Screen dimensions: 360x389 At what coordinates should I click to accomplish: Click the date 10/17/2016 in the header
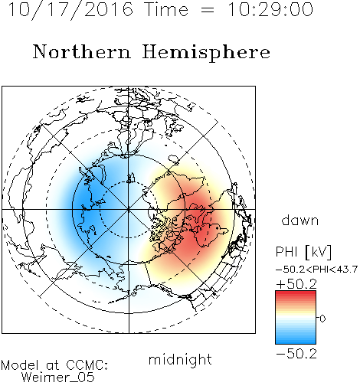[70, 10]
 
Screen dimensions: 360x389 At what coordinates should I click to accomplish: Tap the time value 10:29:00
[270, 9]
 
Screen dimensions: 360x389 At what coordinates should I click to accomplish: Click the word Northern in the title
[81, 52]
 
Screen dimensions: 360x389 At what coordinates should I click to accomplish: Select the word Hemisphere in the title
[206, 53]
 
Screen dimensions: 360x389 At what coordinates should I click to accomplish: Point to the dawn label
[300, 221]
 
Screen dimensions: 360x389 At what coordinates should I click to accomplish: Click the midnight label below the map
[180, 360]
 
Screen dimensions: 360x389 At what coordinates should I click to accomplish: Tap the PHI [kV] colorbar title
[303, 252]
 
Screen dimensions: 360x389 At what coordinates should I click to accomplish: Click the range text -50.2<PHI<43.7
[316, 270]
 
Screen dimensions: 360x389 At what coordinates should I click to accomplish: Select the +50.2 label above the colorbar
[296, 284]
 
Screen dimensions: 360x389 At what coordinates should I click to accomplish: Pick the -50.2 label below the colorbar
[296, 354]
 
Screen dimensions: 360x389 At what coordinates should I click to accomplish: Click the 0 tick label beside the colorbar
[322, 319]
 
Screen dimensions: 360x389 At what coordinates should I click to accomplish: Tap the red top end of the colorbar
[296, 293]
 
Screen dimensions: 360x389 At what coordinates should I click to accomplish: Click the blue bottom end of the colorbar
[296, 342]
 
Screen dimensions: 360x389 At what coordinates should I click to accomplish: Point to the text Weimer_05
[58, 378]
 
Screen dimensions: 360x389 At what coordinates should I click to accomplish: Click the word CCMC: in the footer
[87, 365]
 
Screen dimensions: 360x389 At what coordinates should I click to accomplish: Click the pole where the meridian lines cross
[129, 209]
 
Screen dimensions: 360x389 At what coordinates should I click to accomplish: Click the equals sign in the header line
[208, 10]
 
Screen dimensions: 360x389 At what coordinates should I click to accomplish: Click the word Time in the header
[166, 9]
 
